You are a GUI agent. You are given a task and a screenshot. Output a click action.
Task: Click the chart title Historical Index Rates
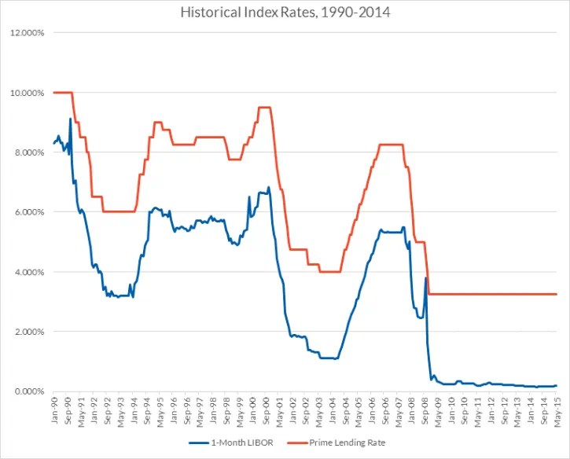point(285,13)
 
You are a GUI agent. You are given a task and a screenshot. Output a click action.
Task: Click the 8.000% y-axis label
point(28,152)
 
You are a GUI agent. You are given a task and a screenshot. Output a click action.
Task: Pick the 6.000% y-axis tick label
point(28,212)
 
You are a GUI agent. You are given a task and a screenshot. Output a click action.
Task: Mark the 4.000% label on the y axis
point(28,272)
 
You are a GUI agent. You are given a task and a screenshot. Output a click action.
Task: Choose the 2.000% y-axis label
point(28,332)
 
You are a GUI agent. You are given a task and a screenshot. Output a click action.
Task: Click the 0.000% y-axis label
point(28,391)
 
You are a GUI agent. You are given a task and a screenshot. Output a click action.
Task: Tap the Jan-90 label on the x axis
point(53,409)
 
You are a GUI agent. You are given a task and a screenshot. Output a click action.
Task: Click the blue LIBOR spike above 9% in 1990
point(71,119)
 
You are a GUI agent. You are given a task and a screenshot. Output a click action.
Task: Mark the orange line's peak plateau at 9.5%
point(264,107)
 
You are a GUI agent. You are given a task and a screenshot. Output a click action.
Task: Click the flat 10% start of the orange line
point(62,93)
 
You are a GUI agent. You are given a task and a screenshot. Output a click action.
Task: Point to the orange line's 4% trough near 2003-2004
point(329,272)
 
